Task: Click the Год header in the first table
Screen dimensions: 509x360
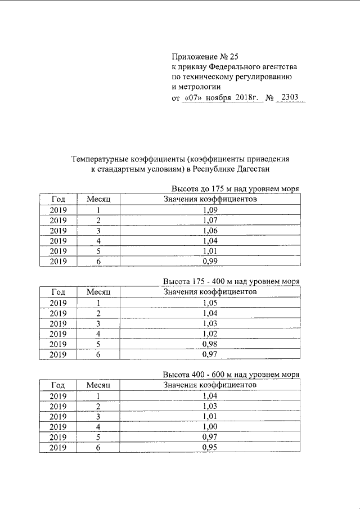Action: tap(58, 200)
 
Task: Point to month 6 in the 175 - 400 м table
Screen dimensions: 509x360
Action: tap(98, 354)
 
